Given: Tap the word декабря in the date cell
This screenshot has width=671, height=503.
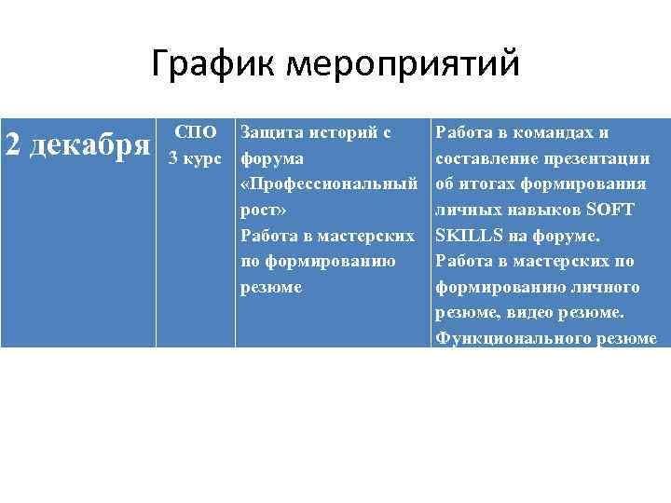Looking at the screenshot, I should pos(88,145).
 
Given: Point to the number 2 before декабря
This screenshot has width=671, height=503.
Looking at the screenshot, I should pos(14,145).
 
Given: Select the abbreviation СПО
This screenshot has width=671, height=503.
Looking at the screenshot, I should pos(195,132).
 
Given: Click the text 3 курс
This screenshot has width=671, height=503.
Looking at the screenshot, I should pos(195,157).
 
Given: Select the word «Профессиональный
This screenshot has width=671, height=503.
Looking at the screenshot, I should pos(328,184).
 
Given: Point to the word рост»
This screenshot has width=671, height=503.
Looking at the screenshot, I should pos(264,210).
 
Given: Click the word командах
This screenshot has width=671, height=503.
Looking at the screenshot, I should pos(550,132).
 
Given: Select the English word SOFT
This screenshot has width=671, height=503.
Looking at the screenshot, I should pos(611,210).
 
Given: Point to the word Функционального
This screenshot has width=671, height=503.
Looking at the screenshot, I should pos(501,339).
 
